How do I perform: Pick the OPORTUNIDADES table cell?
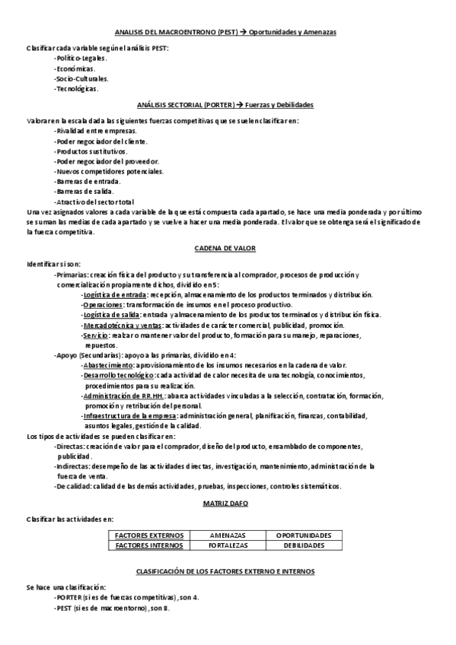pyautogui.click(x=304, y=535)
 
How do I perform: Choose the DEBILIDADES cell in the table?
pyautogui.click(x=304, y=545)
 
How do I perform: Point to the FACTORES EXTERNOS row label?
pyautogui.click(x=148, y=535)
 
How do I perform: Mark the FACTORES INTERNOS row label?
pyautogui.click(x=148, y=545)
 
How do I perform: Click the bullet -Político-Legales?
pyautogui.click(x=81, y=57)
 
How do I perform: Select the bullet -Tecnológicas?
pyautogui.click(x=77, y=88)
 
